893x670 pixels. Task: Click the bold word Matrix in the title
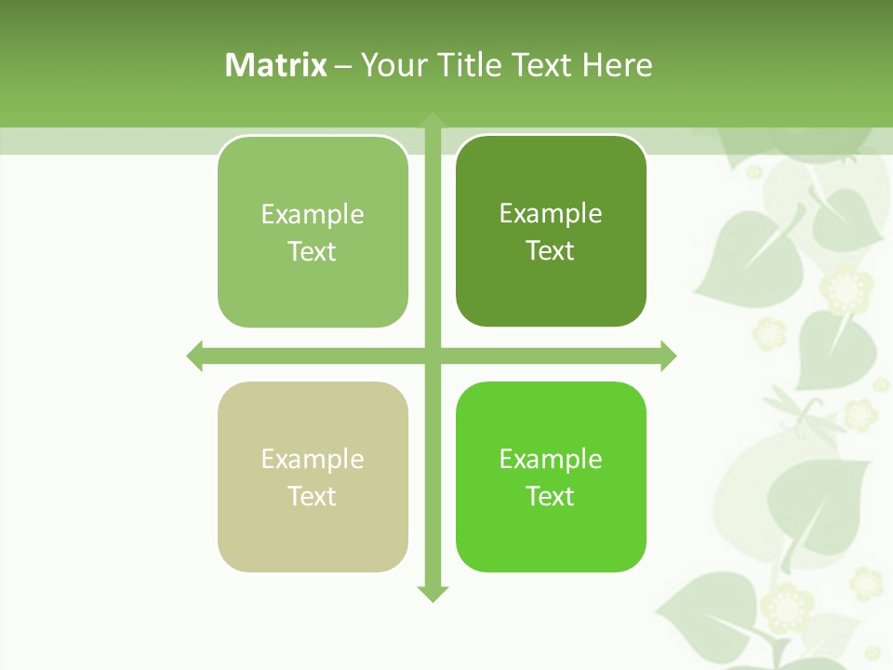click(x=276, y=65)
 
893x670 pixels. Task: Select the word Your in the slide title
click(x=394, y=65)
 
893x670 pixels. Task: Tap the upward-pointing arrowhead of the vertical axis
click(x=432, y=121)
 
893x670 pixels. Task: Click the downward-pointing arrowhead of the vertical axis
click(x=432, y=593)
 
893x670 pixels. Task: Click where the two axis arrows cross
click(x=432, y=355)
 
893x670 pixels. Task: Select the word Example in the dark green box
click(x=551, y=214)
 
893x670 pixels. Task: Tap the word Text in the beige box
click(x=312, y=496)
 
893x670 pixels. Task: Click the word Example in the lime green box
click(x=551, y=459)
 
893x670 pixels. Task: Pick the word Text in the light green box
click(x=312, y=251)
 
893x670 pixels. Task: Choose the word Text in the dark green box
click(x=550, y=250)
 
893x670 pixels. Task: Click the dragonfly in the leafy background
click(x=794, y=410)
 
